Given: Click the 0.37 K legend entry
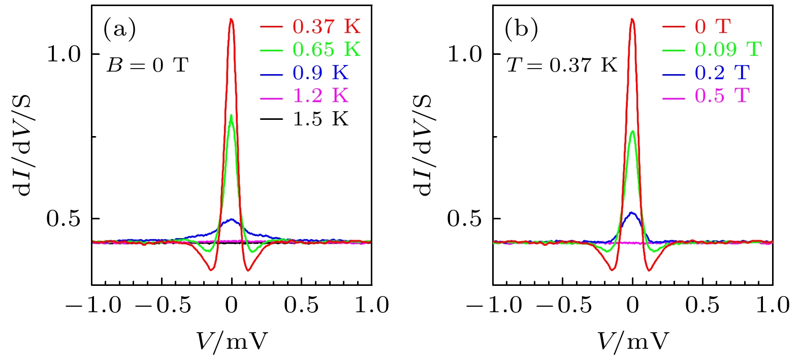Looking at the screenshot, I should [326, 26].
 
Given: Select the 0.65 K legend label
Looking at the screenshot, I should [326, 50].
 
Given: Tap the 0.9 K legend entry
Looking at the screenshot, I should [320, 73].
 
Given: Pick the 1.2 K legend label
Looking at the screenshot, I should [320, 96].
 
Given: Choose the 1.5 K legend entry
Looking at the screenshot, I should [320, 119].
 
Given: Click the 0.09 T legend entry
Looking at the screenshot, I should [728, 50].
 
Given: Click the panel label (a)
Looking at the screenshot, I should [120, 29].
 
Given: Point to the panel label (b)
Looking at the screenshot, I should [522, 29].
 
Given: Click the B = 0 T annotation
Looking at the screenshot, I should [147, 66].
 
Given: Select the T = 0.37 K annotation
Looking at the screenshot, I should [562, 66].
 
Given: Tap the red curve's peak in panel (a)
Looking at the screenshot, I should [232, 19].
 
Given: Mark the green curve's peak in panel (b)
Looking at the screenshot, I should [632, 132].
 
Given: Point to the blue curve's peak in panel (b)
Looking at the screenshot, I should [632, 213].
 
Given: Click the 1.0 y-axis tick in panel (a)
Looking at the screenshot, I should [64, 54].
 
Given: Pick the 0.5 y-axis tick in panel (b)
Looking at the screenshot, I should [464, 219].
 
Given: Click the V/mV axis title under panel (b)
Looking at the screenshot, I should [632, 341].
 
